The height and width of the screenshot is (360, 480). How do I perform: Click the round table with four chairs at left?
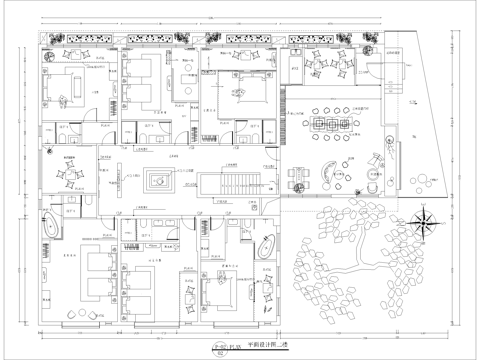(71, 177)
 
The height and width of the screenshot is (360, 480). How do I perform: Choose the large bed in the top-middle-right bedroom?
(237, 81)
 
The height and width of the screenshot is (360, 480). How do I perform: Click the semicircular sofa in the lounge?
(327, 172)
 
